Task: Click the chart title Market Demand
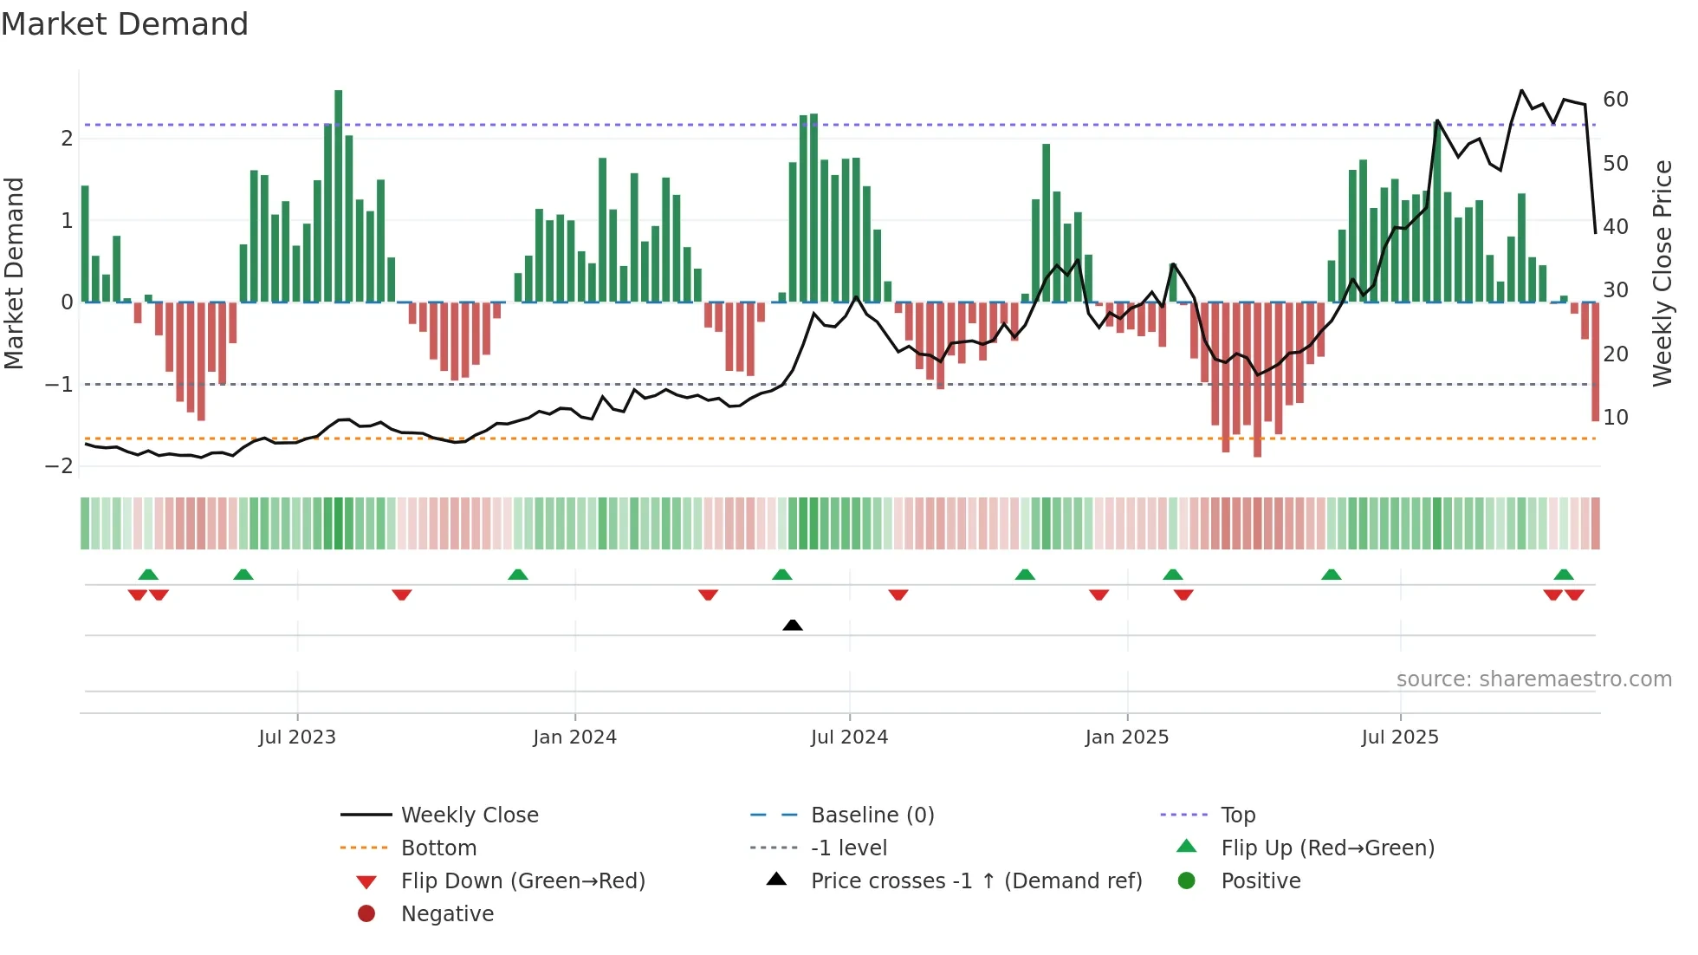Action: (x=125, y=24)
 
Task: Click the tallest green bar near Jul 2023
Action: (x=338, y=196)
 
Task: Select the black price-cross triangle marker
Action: (x=792, y=625)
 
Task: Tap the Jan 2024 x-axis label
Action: (x=574, y=737)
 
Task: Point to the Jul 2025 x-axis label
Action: (x=1399, y=737)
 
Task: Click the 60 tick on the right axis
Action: (x=1615, y=100)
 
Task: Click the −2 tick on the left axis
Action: (x=59, y=466)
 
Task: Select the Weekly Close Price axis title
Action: (x=1662, y=273)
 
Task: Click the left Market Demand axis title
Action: (x=15, y=273)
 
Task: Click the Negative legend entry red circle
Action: (x=366, y=914)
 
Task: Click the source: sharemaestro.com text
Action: (x=1533, y=679)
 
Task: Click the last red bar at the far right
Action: (x=1595, y=361)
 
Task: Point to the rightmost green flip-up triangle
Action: (x=1563, y=575)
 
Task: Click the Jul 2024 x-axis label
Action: (x=849, y=737)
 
